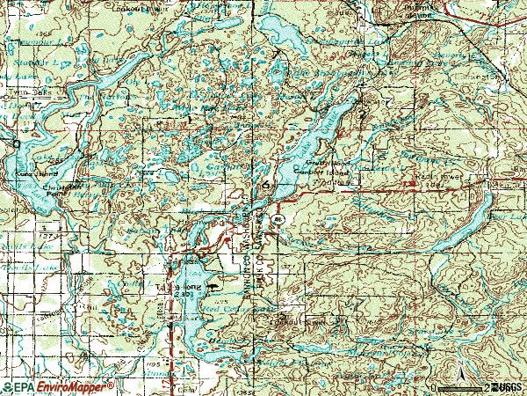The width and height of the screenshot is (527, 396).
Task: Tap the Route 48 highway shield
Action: click(x=278, y=218)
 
